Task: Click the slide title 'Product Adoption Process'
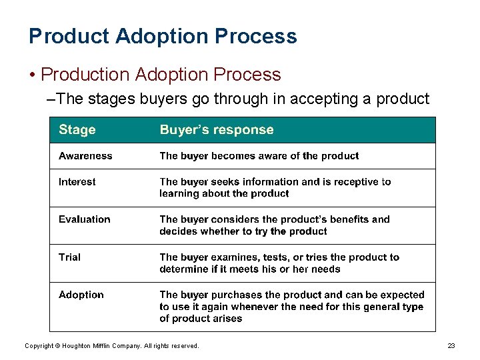[x=163, y=36]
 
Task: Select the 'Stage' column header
[x=77, y=130]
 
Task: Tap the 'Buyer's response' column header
[x=216, y=130]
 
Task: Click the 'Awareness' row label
[x=85, y=156]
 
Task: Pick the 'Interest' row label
[x=77, y=182]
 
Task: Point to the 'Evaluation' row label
[x=85, y=219]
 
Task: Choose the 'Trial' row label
[x=69, y=257]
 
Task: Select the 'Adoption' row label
[x=81, y=295]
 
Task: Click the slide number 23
[x=451, y=346]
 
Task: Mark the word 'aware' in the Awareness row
[x=272, y=156]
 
